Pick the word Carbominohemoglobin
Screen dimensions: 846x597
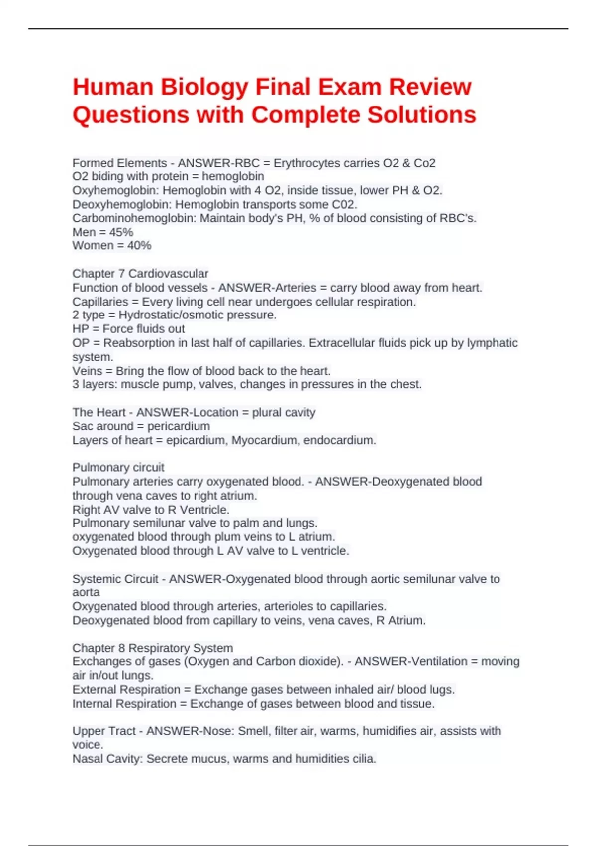(134, 218)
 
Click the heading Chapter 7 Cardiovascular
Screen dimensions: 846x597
(140, 274)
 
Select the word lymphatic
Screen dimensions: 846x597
(492, 343)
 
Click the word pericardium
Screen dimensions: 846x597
(179, 426)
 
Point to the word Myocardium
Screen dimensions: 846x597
(264, 440)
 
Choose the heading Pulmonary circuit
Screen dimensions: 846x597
(118, 468)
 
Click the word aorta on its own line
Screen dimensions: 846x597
(86, 592)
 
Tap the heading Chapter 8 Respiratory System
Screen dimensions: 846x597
(152, 648)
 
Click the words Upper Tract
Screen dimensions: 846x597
(103, 731)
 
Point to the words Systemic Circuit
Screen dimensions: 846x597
(115, 579)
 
